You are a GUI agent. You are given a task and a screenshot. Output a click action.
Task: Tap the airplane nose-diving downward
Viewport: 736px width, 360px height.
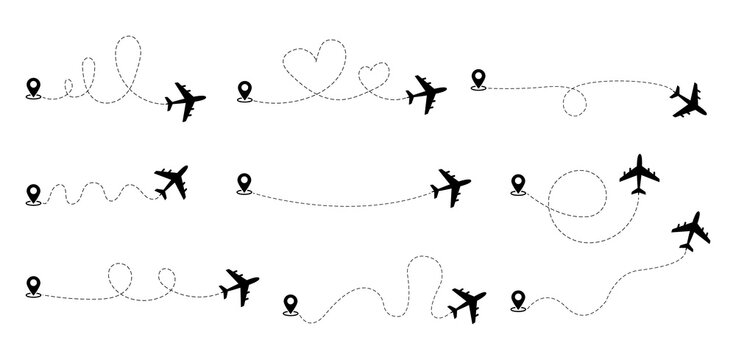pyautogui.click(x=689, y=101)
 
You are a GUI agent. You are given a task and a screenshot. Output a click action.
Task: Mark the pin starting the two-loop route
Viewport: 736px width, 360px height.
pyautogui.click(x=32, y=283)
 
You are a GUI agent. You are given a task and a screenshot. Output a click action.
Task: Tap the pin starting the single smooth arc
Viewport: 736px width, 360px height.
pyautogui.click(x=243, y=183)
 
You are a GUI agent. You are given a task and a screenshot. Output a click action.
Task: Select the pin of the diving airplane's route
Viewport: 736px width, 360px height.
pyautogui.click(x=478, y=75)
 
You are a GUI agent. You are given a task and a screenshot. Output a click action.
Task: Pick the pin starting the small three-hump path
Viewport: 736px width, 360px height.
pyautogui.click(x=32, y=191)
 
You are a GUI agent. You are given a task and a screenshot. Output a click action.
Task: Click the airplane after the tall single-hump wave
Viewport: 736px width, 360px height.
pyautogui.click(x=466, y=301)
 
